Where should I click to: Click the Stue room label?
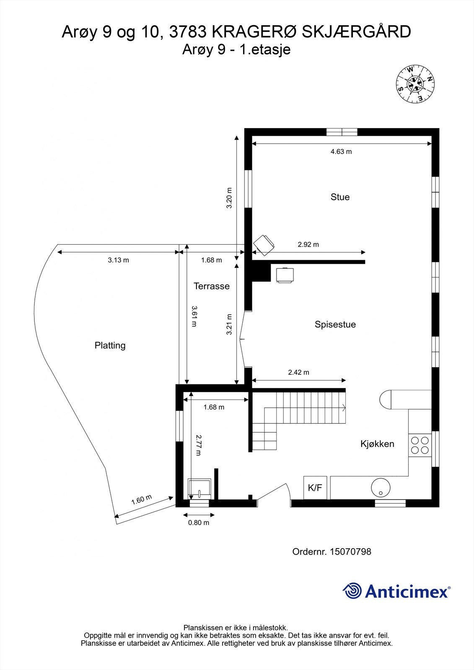tap(340, 197)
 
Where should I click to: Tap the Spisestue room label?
tap(335, 325)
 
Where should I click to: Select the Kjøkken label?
tap(377, 444)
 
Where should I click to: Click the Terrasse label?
tap(212, 286)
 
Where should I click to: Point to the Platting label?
tap(110, 345)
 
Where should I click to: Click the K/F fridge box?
tap(315, 487)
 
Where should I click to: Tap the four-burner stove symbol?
tap(420, 445)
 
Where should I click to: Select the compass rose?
tap(415, 84)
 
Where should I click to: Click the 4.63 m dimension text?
tap(341, 152)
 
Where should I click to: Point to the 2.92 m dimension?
tap(308, 245)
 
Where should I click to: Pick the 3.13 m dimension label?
tap(118, 260)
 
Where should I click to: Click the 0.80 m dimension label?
tap(199, 523)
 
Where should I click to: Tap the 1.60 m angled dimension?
tap(142, 500)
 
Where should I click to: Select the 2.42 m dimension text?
tap(298, 372)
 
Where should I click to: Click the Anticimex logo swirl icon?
tap(352, 591)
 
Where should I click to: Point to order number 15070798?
tap(350, 551)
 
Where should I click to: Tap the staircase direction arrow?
tap(343, 407)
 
